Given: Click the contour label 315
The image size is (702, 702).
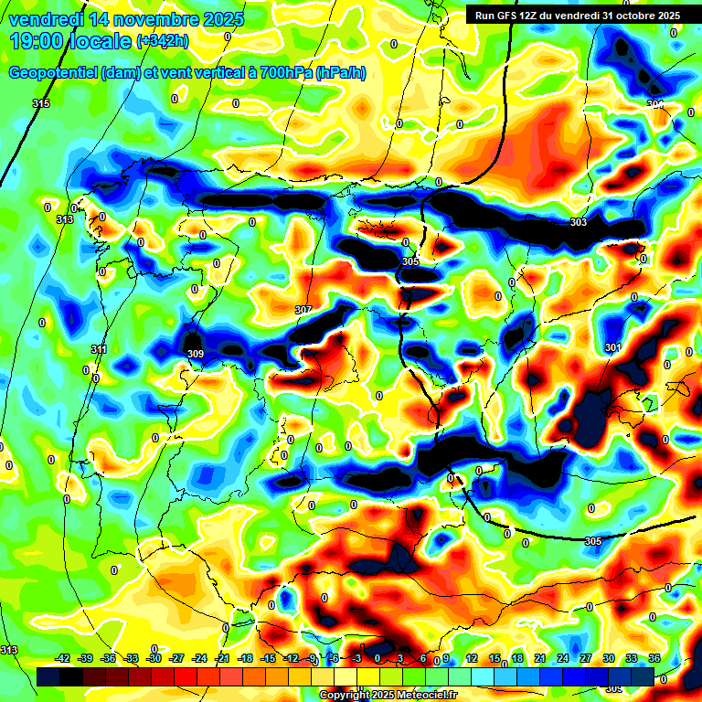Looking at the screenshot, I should pos(41,104).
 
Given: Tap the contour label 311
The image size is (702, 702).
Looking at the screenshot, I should pos(100,349).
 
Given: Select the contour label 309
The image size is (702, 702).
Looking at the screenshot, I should pos(195,354).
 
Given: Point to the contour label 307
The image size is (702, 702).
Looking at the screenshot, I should pos(303,311).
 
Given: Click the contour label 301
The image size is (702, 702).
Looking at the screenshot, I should pos(612,347).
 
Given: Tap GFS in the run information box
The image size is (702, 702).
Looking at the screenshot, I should pos(511,16).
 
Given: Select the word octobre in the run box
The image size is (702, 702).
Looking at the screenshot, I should pos(633,16).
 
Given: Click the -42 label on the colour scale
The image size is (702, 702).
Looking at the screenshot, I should pos(63,658).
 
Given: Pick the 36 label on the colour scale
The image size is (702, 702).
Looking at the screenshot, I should pos(654,658).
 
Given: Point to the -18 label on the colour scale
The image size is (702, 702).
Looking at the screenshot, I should pos(245,658).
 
